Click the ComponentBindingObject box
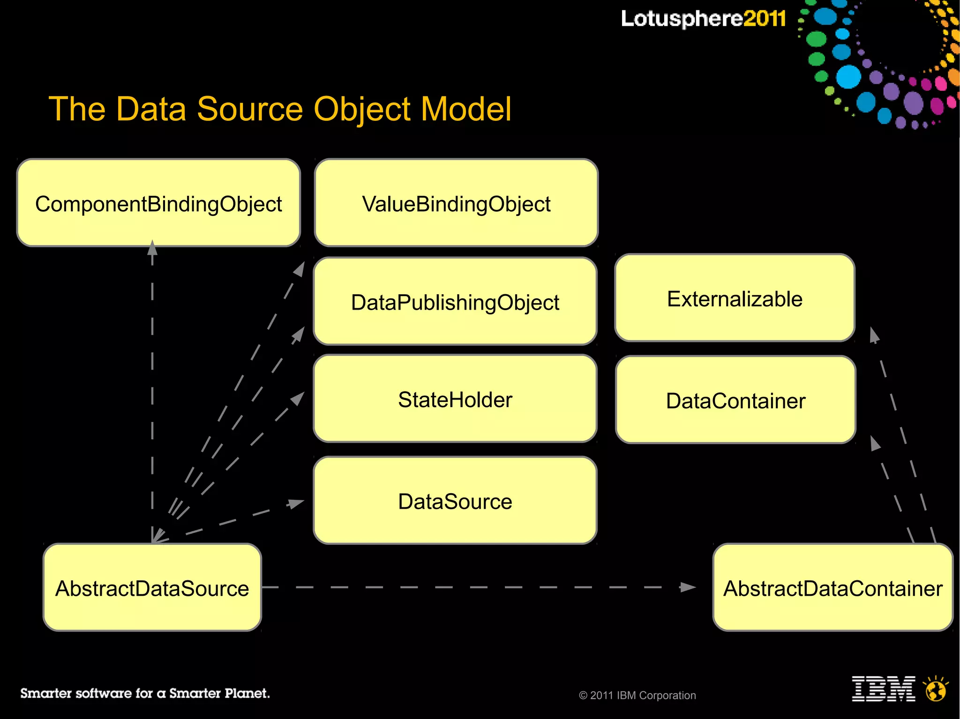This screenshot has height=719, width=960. [158, 203]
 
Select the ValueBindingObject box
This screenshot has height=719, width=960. [456, 203]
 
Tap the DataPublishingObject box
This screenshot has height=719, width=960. [455, 301]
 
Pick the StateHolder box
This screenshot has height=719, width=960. [455, 399]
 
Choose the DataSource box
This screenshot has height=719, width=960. [455, 500]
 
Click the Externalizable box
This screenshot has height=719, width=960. [735, 298]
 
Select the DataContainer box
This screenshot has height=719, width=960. [735, 400]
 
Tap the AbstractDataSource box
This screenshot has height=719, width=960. [152, 587]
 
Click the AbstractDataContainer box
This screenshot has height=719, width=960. [832, 587]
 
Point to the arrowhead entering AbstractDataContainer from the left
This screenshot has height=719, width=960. [688, 587]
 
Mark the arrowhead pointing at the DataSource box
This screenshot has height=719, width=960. [295, 504]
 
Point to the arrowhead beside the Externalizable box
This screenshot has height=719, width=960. [874, 335]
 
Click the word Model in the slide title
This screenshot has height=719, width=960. [466, 109]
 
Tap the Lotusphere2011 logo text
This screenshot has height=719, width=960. [703, 19]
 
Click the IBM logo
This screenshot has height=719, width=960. [883, 689]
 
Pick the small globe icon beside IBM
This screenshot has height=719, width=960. [936, 689]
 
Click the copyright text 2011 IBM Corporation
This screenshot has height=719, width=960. [637, 695]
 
